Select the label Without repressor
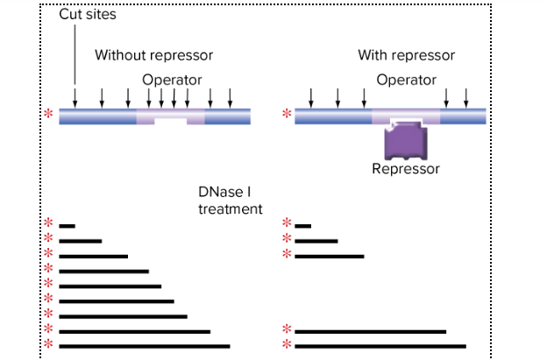[153, 55]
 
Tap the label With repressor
[406, 55]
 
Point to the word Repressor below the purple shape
[405, 169]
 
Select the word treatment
[230, 209]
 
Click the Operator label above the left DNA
[172, 80]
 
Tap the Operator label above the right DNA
[406, 80]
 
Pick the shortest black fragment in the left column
[67, 226]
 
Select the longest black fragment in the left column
[145, 346]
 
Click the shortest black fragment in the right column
[303, 226]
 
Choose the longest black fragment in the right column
[380, 346]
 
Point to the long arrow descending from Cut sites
[76, 61]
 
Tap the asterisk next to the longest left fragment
[49, 345]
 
